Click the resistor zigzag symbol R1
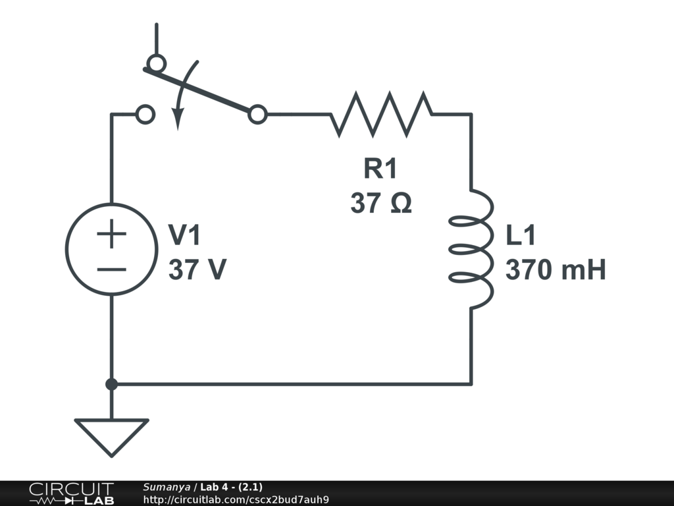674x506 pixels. point(382,115)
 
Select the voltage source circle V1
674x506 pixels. point(112,249)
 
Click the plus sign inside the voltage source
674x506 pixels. point(112,234)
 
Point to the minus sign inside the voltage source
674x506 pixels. point(112,269)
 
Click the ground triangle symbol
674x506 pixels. point(111,435)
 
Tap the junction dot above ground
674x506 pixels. point(112,383)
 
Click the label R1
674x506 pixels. point(380,169)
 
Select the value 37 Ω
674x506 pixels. point(381,203)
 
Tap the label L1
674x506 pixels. point(521,235)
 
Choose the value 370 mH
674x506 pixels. point(556,269)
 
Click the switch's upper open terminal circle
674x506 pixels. point(156,63)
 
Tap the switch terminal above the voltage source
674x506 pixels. point(145,115)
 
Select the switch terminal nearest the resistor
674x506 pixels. point(258,115)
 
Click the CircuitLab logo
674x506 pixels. point(70,493)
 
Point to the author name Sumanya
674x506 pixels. point(167,487)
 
